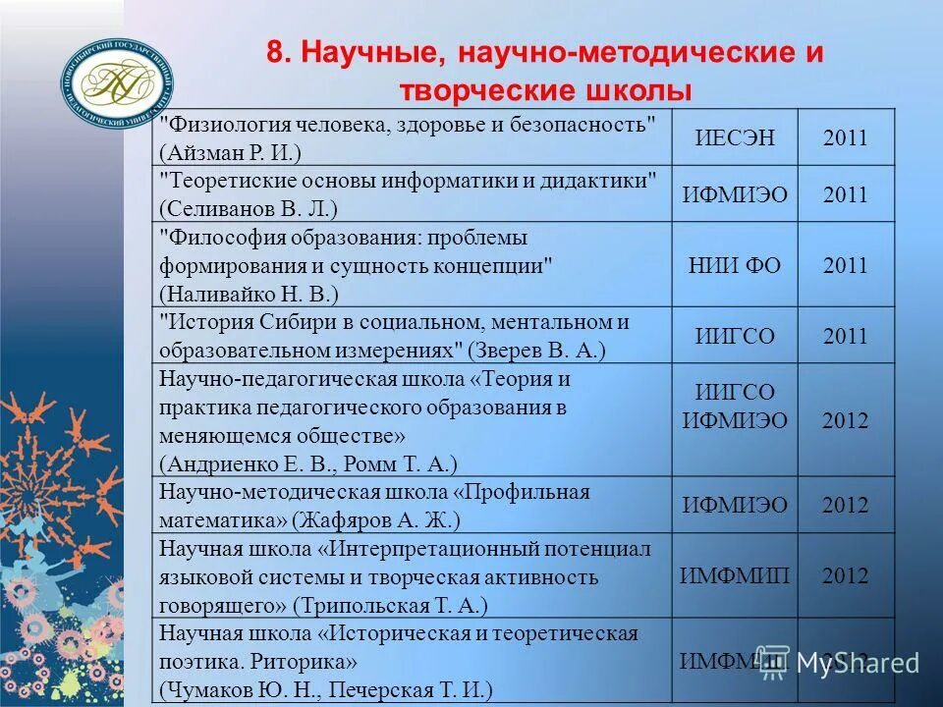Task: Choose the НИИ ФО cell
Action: [x=735, y=265]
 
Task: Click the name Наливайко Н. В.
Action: [x=251, y=294]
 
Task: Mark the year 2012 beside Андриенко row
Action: [x=845, y=421]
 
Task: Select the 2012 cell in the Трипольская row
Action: [x=845, y=575]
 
